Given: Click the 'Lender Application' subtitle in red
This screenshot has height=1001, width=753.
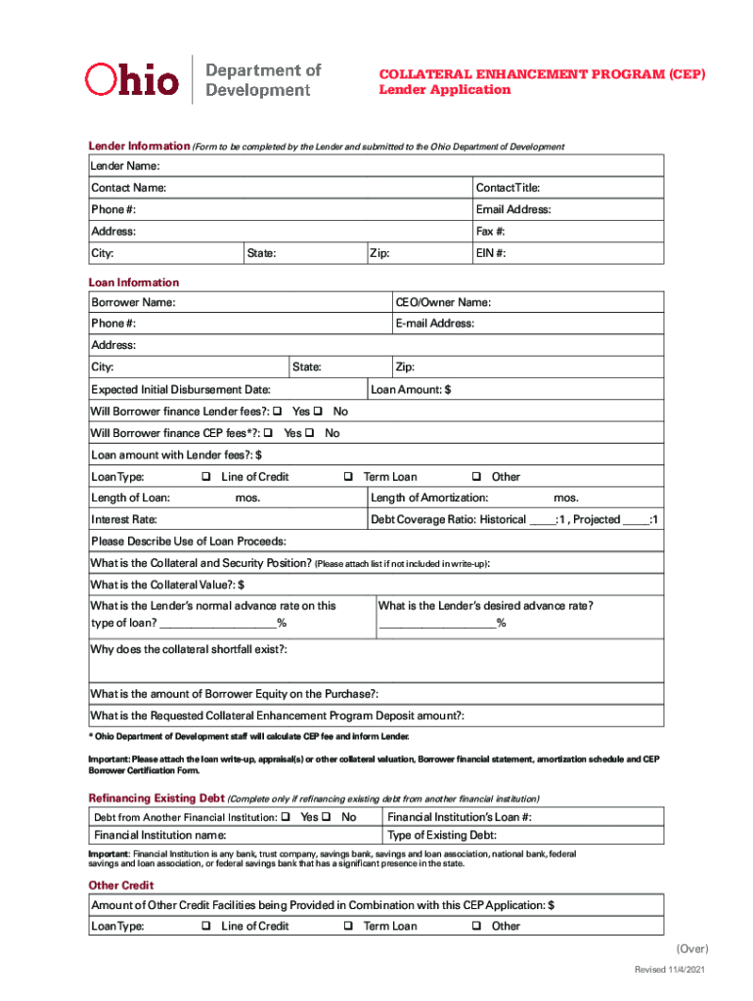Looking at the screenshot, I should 444,90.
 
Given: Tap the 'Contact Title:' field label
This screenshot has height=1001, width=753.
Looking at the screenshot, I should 508,188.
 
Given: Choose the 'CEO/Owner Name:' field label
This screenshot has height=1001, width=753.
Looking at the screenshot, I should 443,302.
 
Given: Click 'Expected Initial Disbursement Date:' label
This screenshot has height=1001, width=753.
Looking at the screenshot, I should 181,390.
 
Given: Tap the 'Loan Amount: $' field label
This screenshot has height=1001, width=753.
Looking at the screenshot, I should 412,390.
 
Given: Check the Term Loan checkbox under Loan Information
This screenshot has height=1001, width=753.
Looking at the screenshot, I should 348,477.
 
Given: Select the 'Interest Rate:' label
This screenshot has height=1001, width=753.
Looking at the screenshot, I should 124,520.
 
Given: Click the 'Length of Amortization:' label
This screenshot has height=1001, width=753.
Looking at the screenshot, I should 429,499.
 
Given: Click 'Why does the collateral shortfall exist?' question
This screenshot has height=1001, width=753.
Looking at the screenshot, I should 189,650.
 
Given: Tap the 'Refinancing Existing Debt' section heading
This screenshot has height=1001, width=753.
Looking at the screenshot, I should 156,798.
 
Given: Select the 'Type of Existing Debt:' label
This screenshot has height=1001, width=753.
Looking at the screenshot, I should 442,835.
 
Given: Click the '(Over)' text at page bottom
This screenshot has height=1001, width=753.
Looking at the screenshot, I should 691,949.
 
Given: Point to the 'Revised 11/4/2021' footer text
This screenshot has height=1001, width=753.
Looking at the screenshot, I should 669,969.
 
